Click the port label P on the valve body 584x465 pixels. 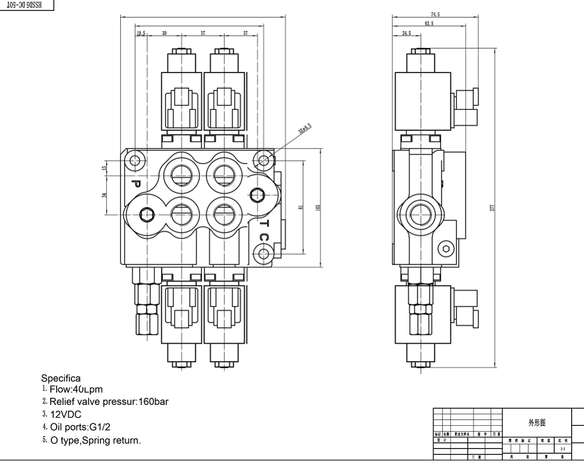pyautogui.click(x=135, y=183)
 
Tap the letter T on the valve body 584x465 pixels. pyautogui.click(x=263, y=223)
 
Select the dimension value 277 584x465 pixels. pyautogui.click(x=492, y=208)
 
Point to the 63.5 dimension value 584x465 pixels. pyautogui.click(x=429, y=24)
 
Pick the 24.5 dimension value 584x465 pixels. pyautogui.click(x=406, y=34)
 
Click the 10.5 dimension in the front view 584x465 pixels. pyautogui.click(x=141, y=34)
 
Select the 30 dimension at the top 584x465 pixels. pyautogui.click(x=164, y=34)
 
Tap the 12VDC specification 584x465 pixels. pyautogui.click(x=65, y=415)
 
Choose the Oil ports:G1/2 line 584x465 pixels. pyautogui.click(x=80, y=428)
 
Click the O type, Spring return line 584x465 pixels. pyautogui.click(x=95, y=440)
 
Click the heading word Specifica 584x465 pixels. pyautogui.click(x=61, y=379)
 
